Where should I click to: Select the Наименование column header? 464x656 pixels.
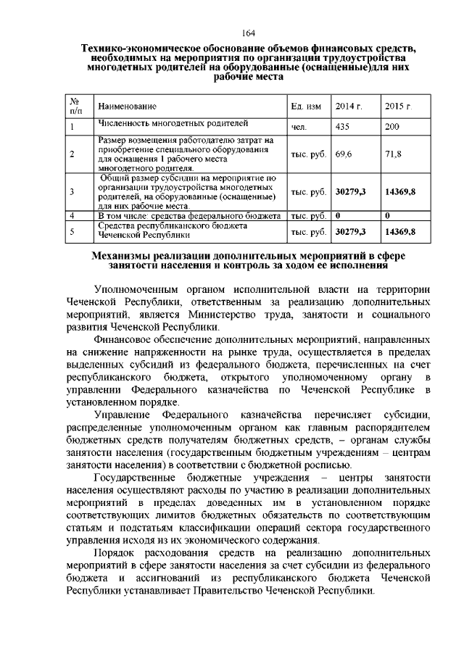pyautogui.click(x=127, y=107)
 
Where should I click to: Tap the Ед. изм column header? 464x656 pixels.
pyautogui.click(x=306, y=107)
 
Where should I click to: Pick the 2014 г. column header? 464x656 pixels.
pyautogui.click(x=349, y=107)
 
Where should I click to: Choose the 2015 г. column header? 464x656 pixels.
pyautogui.click(x=399, y=107)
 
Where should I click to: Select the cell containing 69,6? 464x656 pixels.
pyautogui.click(x=344, y=154)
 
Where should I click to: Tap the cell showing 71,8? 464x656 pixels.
pyautogui.click(x=394, y=154)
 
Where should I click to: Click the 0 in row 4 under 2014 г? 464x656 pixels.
pyautogui.click(x=339, y=215)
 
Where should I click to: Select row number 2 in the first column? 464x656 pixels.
pyautogui.click(x=72, y=154)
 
